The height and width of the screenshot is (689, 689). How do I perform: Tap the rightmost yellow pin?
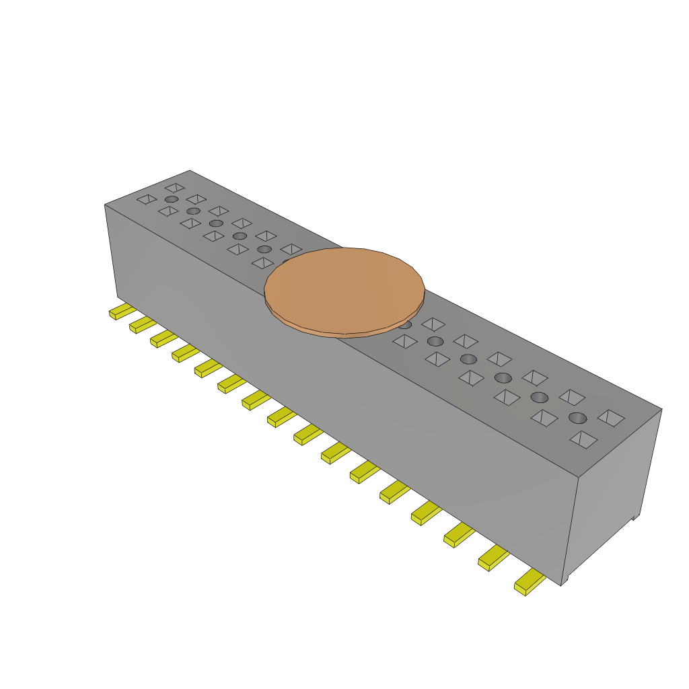point(530,583)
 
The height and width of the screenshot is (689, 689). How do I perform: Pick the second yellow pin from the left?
point(142,325)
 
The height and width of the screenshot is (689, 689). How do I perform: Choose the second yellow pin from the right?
point(493,558)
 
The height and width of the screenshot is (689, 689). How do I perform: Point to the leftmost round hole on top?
point(172,199)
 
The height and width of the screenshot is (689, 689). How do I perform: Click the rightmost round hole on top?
point(577,418)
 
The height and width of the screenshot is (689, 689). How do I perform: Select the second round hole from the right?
point(540,397)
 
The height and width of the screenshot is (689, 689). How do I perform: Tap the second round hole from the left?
point(193,211)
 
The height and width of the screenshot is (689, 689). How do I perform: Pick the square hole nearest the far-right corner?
point(611,418)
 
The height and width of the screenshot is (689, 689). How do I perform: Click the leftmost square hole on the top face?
point(147,199)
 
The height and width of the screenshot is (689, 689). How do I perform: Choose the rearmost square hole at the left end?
point(175,188)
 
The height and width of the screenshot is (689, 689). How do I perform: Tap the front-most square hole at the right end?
point(583,439)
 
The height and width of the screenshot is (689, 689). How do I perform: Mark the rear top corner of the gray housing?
point(190,171)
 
